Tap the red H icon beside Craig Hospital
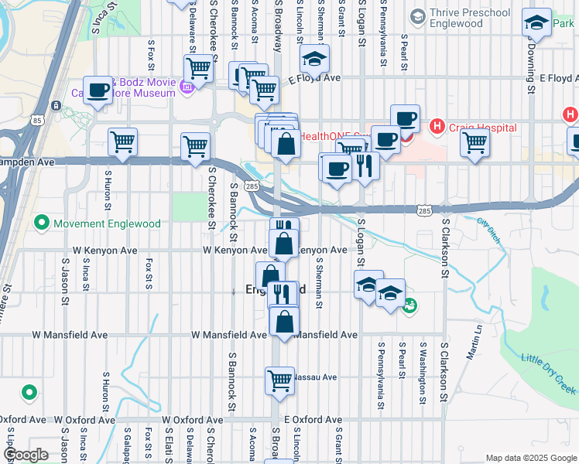click(437, 125)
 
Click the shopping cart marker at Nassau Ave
click(279, 379)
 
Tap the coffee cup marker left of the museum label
click(98, 90)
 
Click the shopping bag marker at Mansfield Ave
click(285, 322)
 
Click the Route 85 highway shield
click(37, 120)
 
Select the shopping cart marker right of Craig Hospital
click(475, 142)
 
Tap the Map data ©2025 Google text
click(530, 458)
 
